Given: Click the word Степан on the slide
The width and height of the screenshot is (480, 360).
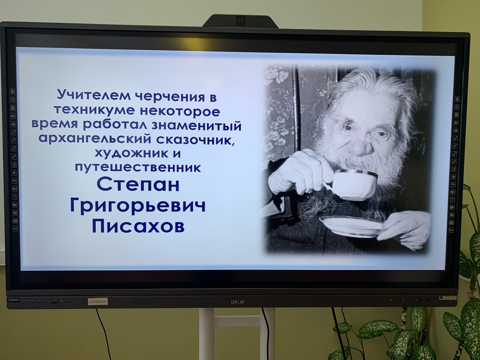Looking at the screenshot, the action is pos(138,184).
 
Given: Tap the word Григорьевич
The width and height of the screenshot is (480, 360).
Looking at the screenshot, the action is pos(138,206).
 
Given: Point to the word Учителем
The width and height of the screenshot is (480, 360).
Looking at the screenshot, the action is pos(94,96).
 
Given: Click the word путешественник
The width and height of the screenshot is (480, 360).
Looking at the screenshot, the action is pos(138,168).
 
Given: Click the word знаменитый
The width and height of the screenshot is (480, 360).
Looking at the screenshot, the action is pos(205,125).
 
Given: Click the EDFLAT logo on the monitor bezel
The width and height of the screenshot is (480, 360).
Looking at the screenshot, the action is pos(238,302).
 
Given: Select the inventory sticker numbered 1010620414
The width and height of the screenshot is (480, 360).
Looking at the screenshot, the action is pos(98,302).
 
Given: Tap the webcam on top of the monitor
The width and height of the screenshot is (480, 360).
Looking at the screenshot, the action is pos(240,21).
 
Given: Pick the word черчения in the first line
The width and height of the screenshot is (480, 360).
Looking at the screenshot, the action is pos(169,97).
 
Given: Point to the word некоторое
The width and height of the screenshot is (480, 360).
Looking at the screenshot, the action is pos(179,111).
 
